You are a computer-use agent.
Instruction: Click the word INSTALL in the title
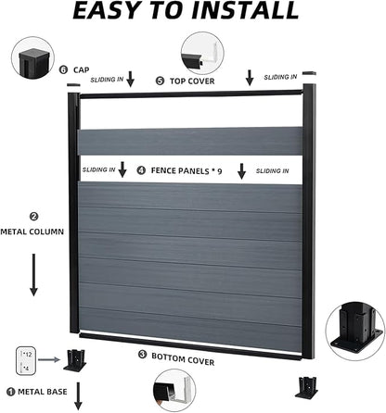[x=245, y=10]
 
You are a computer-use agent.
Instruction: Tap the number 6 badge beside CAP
[x=63, y=69]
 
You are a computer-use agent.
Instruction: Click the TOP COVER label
[x=192, y=81]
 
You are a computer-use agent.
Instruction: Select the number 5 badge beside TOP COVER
[x=160, y=81]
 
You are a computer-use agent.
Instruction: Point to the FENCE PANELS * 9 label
[x=187, y=171]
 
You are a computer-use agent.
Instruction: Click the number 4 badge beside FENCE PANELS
[x=141, y=170]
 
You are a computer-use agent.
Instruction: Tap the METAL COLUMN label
[x=32, y=232]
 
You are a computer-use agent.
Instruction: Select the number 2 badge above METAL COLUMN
[x=33, y=217]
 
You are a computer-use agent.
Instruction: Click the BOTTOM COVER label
[x=183, y=359]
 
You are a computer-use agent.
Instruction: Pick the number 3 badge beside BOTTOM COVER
[x=142, y=355]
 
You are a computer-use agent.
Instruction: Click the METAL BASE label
[x=43, y=392]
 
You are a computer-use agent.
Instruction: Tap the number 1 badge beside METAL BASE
[x=11, y=392]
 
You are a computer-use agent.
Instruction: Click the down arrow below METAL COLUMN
[x=33, y=275]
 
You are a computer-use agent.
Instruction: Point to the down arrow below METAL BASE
[x=78, y=396]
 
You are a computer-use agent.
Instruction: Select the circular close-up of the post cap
[x=32, y=58]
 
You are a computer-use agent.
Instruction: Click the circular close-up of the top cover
[x=202, y=53]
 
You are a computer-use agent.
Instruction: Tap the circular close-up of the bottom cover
[x=174, y=391]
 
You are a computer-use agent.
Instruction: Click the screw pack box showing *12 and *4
[x=24, y=361]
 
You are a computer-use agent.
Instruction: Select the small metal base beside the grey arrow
[x=75, y=360]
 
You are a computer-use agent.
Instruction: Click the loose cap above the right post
[x=309, y=73]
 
